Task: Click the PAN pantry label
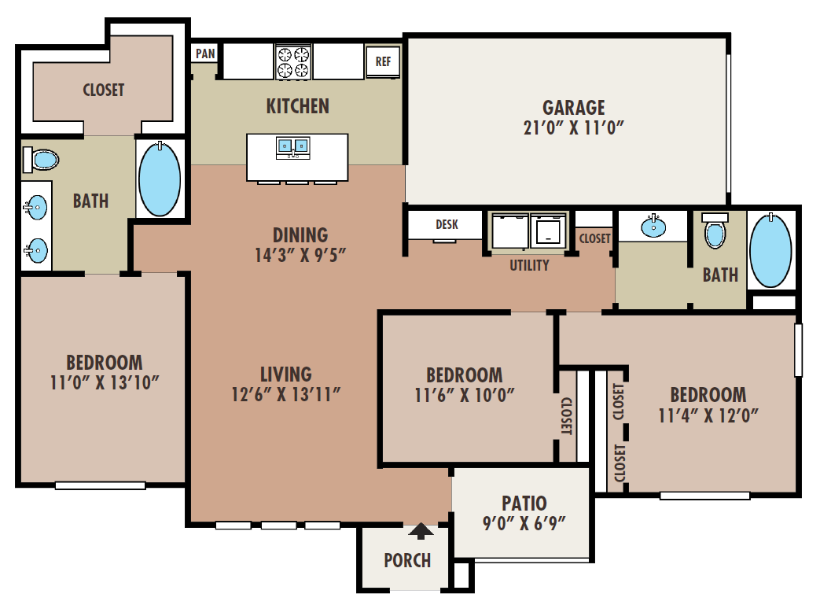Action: [205, 53]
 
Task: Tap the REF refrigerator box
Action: [383, 61]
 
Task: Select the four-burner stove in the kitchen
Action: [292, 62]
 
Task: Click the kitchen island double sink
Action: [292, 147]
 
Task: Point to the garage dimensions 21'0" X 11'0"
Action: [574, 127]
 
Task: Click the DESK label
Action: [447, 224]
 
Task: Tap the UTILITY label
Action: [529, 265]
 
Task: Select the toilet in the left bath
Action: [40, 160]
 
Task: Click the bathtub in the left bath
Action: [160, 179]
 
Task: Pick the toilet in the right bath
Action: [715, 230]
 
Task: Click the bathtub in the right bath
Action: [770, 250]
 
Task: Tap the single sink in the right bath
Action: [653, 226]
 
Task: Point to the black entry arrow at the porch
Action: [421, 531]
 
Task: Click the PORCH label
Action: [407, 560]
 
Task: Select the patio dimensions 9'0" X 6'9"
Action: [524, 523]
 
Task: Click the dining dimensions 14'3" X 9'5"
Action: [300, 255]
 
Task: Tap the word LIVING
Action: [286, 374]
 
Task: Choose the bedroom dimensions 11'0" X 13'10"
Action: [104, 382]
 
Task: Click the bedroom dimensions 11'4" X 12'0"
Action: [708, 415]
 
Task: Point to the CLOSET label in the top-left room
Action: [104, 90]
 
